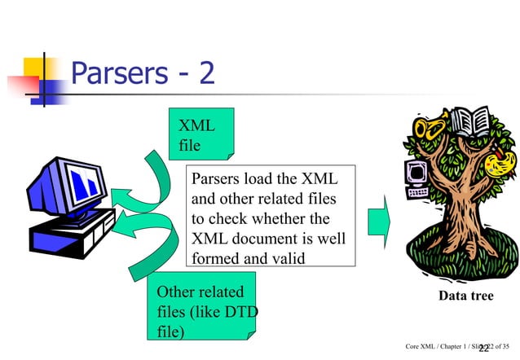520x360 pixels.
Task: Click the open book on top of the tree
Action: click(x=469, y=122)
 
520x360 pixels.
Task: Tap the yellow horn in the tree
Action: click(x=427, y=130)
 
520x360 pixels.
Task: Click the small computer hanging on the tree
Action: click(x=416, y=178)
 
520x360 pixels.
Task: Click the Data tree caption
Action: click(x=465, y=295)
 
